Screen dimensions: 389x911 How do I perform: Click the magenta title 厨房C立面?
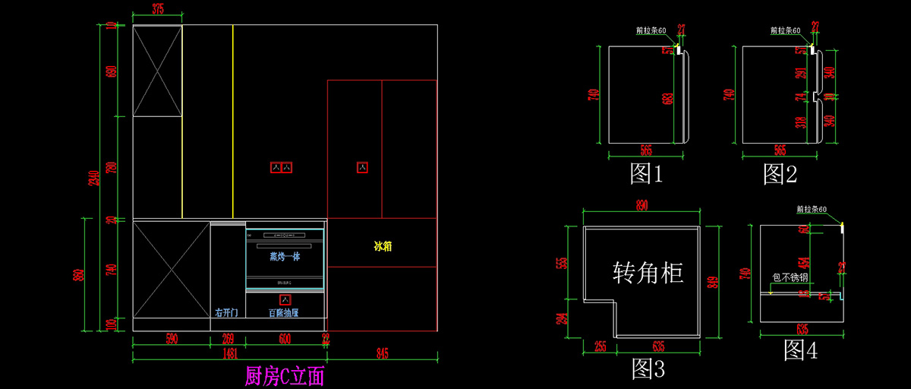point(285,375)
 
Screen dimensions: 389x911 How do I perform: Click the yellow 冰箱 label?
point(383,246)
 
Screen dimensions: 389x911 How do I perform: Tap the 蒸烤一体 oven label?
point(285,257)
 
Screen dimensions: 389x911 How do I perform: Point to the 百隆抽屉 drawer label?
point(283,313)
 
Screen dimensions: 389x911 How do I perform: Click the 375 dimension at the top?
point(158,9)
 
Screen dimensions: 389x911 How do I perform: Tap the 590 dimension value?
point(172,339)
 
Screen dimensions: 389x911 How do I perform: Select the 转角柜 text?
point(648,272)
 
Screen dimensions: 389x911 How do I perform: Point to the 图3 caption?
point(648,369)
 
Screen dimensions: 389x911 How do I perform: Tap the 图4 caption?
point(801,349)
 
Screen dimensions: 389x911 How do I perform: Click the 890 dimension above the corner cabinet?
point(642,205)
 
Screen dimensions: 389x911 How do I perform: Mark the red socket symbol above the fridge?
point(363,166)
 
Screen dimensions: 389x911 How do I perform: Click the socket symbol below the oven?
point(285,299)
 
